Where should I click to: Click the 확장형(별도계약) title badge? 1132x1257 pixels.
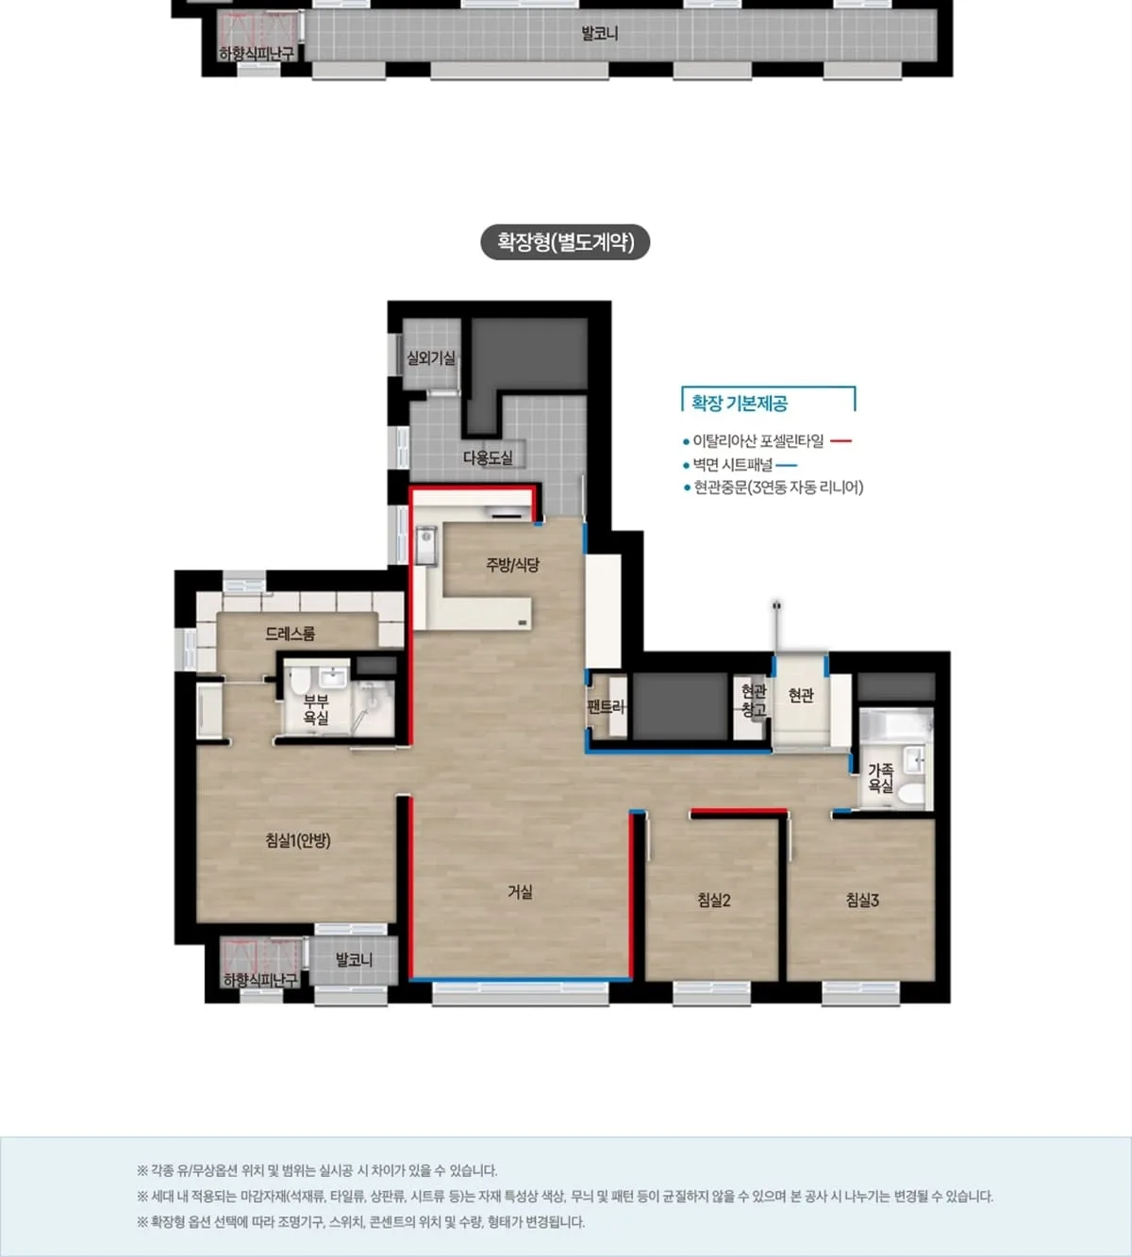click(x=565, y=241)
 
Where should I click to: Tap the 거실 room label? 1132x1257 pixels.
click(x=520, y=891)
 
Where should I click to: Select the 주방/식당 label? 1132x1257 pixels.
click(x=512, y=565)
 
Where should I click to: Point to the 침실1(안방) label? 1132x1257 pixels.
click(x=298, y=840)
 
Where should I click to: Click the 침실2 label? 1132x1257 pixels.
click(x=714, y=900)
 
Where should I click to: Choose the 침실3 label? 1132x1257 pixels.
click(x=862, y=900)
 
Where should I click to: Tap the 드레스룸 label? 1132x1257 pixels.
click(x=290, y=634)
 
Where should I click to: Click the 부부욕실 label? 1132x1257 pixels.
click(x=316, y=709)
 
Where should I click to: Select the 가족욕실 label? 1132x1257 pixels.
click(x=880, y=778)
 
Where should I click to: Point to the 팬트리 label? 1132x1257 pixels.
click(x=607, y=707)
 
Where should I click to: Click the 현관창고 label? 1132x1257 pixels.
click(x=754, y=701)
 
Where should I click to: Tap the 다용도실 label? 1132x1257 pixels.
click(x=488, y=457)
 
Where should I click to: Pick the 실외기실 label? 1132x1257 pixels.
click(x=431, y=357)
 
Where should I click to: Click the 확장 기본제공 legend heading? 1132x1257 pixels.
click(x=740, y=403)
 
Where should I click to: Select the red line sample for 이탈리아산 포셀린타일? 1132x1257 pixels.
click(x=841, y=441)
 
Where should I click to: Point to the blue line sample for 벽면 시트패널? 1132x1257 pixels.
click(x=787, y=465)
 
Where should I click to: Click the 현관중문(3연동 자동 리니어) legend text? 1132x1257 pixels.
click(x=778, y=487)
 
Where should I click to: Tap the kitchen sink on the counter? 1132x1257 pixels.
click(x=425, y=544)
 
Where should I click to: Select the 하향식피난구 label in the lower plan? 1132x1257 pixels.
click(x=260, y=980)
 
